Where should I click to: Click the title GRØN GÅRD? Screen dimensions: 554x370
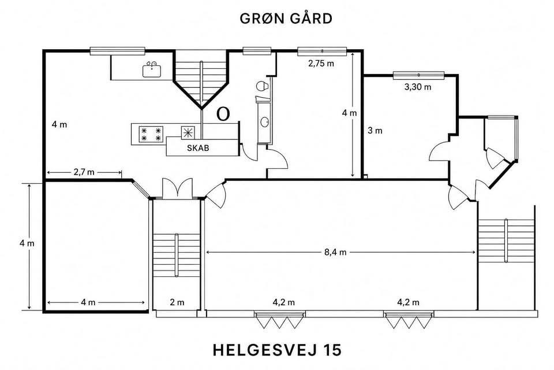tap(286, 18)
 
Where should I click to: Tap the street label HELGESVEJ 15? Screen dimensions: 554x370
tap(278, 350)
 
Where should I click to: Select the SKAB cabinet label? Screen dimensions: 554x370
tap(198, 148)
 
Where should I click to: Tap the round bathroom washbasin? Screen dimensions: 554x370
tap(264, 122)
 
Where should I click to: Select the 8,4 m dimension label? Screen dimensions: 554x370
tap(335, 252)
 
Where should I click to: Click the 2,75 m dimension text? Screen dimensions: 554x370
tap(321, 64)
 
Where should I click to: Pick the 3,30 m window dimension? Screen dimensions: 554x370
tap(418, 87)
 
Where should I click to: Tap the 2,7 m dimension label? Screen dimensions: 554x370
tap(84, 172)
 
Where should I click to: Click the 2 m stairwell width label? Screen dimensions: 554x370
tap(177, 302)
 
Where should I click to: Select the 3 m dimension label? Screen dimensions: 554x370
tap(375, 131)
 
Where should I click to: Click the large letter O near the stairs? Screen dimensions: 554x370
tap(223, 114)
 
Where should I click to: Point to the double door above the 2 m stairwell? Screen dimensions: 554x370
tap(177, 188)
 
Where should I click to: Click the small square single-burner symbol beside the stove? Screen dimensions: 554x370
tap(188, 132)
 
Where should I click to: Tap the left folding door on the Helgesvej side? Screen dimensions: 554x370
tap(279, 320)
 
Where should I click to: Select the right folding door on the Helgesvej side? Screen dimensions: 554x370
tap(409, 320)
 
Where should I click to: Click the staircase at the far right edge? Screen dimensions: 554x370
tap(506, 240)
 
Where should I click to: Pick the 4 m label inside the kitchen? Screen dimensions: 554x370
tap(59, 125)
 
